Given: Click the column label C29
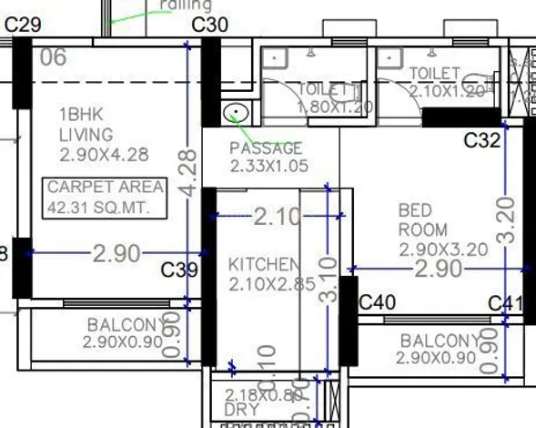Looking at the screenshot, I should (x=23, y=25).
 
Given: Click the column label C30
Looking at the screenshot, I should (x=209, y=25).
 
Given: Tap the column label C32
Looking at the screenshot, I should (x=481, y=140).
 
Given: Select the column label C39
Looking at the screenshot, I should (x=178, y=270).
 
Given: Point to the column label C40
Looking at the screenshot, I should (x=378, y=301).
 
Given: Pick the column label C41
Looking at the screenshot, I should (x=505, y=303).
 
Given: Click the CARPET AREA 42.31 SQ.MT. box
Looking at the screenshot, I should (x=106, y=198).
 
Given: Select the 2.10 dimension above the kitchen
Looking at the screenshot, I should (x=276, y=217).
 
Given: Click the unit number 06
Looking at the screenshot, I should (x=54, y=57).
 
